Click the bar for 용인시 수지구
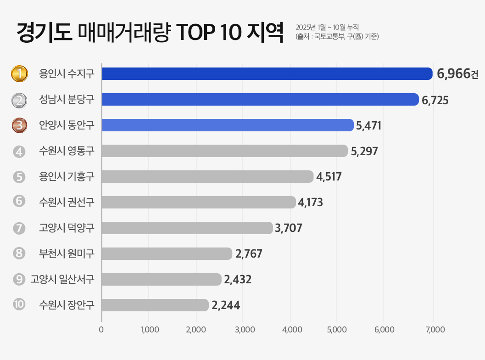click(267, 74)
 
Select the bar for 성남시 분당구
click(260, 100)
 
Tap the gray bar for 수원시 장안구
click(155, 305)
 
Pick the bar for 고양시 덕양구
click(187, 228)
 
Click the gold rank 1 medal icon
click(19, 73)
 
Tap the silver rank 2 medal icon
click(19, 100)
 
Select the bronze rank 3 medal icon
click(19, 125)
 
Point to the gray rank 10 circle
click(19, 304)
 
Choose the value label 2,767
click(249, 254)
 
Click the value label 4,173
click(310, 202)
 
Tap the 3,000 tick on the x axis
click(244, 329)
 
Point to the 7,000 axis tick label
click(435, 329)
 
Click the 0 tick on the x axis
click(101, 329)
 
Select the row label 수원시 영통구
click(67, 151)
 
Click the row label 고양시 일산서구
click(62, 279)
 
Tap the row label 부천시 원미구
click(67, 253)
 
